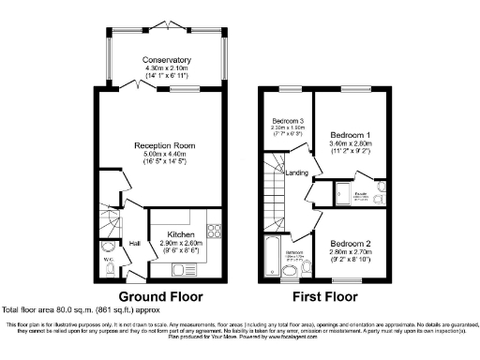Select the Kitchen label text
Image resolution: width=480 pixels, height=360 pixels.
(181, 234)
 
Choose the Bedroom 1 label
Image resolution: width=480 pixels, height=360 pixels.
(349, 135)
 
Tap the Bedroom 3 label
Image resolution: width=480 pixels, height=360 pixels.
(288, 121)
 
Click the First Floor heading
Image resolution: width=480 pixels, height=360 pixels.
(327, 293)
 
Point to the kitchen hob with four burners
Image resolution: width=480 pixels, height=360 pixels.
(212, 229)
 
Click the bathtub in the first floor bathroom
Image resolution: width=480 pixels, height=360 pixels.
(273, 257)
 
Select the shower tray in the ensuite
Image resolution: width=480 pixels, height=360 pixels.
(345, 194)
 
